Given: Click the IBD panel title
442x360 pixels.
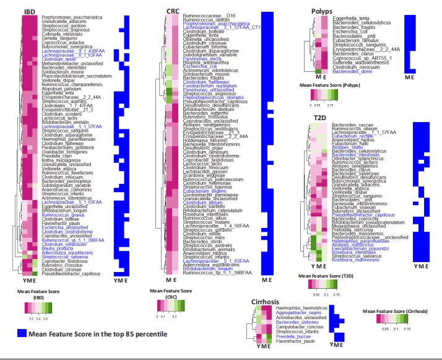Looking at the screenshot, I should (x=29, y=12).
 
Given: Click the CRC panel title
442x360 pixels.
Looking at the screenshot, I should (x=174, y=12).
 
